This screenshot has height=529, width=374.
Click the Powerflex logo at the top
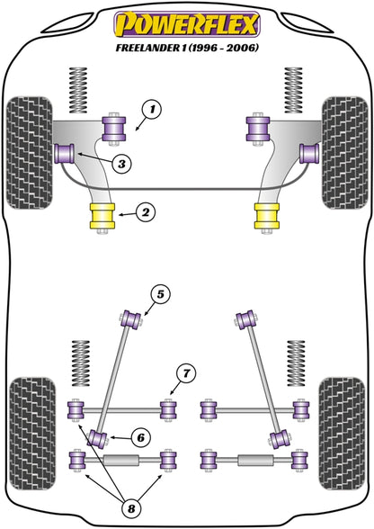coord(187,24)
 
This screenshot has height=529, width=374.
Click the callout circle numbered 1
coord(152,110)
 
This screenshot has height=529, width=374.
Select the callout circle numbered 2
coord(146,212)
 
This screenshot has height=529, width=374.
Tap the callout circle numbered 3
coord(121,164)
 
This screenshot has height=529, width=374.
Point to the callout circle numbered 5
coord(160,294)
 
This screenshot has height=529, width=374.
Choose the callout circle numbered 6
coord(140,437)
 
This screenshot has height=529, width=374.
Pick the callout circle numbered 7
coord(186,373)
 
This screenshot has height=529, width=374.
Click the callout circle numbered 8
coord(130,508)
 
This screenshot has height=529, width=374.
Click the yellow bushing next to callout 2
coord(102,216)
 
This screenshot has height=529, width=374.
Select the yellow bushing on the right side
coord(267,216)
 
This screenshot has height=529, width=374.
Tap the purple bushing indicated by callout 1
coord(114,129)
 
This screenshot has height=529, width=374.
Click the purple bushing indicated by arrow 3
coord(65,153)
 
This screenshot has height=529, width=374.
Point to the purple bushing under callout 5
coord(131,319)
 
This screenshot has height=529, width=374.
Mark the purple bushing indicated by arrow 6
coord(98,439)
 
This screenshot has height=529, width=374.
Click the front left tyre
coord(30,153)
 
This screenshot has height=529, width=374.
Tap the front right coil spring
coord(293,90)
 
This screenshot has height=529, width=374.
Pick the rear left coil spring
coord(81,363)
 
